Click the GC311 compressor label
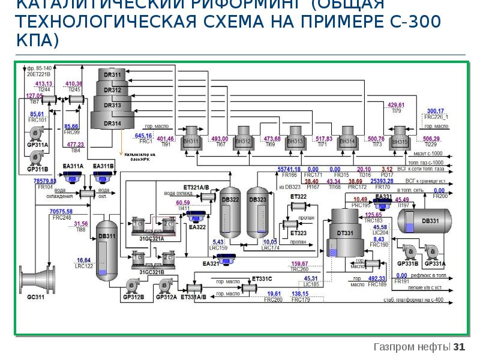(36, 296)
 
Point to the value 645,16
(144, 136)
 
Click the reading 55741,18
(289, 169)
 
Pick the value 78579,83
(45, 181)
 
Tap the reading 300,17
(435, 111)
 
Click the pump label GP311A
(38, 145)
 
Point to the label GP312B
(133, 297)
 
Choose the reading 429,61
(396, 105)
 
